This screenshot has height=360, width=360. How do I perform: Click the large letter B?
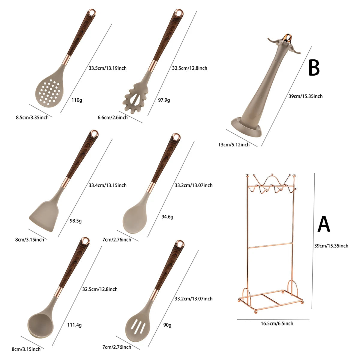tap(314, 67)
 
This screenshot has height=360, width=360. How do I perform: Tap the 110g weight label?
tap(77, 100)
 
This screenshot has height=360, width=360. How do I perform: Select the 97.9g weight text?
tap(164, 100)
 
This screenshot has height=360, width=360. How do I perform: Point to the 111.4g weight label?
tap(74, 325)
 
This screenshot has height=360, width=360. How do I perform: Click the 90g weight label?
tap(167, 325)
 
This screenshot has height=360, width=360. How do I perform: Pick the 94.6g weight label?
tap(167, 217)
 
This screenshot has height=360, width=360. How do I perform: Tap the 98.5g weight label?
tap(76, 221)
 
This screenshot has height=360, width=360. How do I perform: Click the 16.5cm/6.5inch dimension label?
tap(277, 324)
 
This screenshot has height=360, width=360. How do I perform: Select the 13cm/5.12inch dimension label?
tap(234, 145)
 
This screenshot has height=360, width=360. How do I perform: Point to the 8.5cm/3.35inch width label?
tap(32, 118)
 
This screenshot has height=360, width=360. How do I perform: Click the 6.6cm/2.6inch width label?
tap(112, 118)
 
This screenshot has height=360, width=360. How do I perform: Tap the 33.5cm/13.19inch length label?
tap(107, 68)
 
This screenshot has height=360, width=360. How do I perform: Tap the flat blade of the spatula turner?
tap(44, 216)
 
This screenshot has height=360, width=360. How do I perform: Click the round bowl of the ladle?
tap(40, 325)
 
